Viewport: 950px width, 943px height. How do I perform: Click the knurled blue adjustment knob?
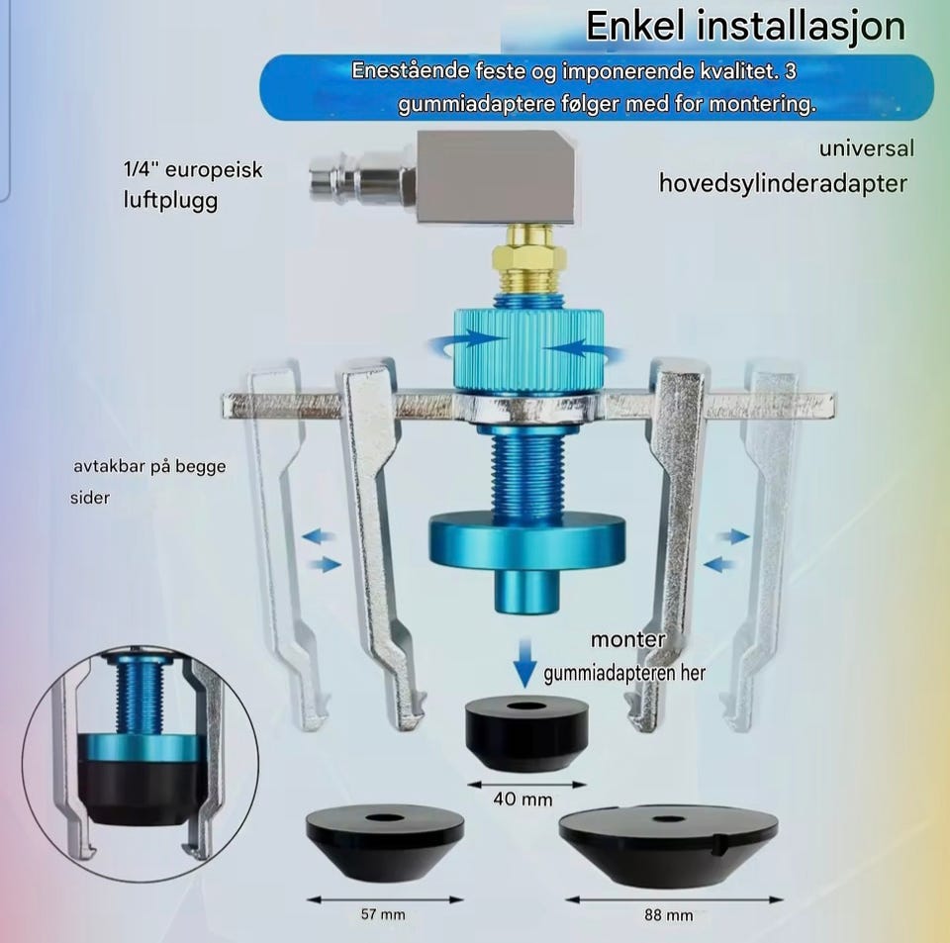click(x=528, y=350)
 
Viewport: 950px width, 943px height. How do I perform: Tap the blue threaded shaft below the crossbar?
click(x=529, y=472)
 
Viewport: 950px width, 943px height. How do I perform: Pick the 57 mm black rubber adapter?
click(x=385, y=842)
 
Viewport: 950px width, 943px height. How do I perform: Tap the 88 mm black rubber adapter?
click(x=668, y=845)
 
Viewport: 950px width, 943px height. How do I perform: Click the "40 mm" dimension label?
click(x=522, y=800)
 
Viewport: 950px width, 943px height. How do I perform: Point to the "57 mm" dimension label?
click(x=383, y=914)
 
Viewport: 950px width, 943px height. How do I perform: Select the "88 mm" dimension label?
click(x=668, y=914)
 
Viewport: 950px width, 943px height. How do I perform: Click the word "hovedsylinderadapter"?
click(x=784, y=183)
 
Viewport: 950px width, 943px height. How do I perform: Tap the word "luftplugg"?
click(x=170, y=201)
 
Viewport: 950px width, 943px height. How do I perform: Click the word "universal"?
click(x=867, y=148)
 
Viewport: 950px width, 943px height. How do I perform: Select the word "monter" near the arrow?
click(x=627, y=639)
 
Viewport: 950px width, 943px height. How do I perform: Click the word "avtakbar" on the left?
click(x=110, y=466)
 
